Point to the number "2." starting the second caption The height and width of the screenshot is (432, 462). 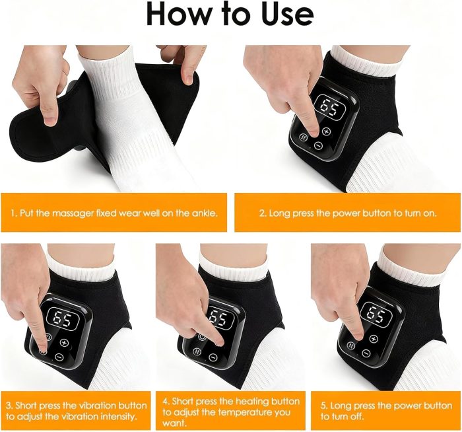(x=263, y=213)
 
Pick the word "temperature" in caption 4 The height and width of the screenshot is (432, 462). (x=238, y=412)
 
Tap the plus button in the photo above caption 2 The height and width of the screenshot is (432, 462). (x=325, y=131)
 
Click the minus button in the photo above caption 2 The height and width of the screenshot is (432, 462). (x=318, y=145)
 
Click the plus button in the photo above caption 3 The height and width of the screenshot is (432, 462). (x=64, y=342)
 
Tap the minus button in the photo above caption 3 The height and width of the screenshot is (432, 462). (x=59, y=357)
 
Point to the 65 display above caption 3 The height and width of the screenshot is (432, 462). (x=63, y=319)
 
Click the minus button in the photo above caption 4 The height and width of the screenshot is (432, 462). (x=213, y=357)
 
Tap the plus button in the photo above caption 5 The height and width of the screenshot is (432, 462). (x=374, y=339)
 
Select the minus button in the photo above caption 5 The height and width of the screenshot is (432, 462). (x=366, y=353)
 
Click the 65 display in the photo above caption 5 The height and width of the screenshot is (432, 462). (x=376, y=315)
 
